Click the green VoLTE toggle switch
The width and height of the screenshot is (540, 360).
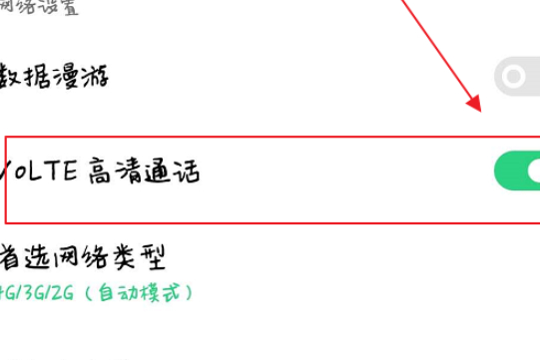pyautogui.click(x=518, y=172)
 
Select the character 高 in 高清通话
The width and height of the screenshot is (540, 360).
pyautogui.click(x=101, y=172)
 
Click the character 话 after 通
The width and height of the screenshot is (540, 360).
pyautogui.click(x=186, y=172)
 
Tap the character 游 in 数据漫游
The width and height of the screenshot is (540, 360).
pyautogui.click(x=96, y=75)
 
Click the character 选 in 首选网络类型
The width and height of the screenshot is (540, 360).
pyautogui.click(x=41, y=256)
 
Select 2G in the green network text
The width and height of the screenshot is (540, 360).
pyautogui.click(x=64, y=292)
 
